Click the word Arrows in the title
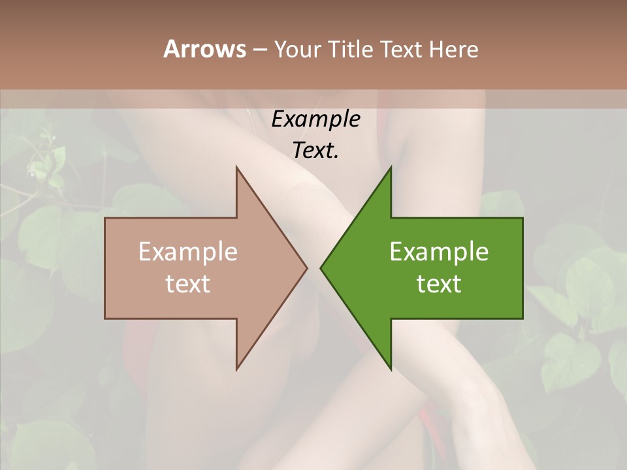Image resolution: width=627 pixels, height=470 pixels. pos(204,49)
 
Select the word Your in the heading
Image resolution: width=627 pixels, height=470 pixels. pos(297,50)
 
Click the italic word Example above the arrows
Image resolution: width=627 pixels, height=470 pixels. pos(315,119)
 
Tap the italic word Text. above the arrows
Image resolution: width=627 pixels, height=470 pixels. pos(315,150)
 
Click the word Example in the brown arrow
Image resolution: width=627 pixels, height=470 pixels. pos(188,251)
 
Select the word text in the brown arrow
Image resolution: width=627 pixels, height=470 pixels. pos(188,284)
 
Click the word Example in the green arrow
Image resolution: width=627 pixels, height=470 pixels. pos(439,251)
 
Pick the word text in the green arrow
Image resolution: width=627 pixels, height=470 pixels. pos(439,284)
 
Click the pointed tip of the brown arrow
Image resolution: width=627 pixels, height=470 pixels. pos(307,268)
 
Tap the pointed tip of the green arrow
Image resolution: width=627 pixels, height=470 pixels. pos(321,268)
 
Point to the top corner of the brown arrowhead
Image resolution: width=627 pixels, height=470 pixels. pos(236,167)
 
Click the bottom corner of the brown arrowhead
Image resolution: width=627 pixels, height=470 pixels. pos(236,369)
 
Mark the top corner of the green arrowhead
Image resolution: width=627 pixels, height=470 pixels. pos(391,167)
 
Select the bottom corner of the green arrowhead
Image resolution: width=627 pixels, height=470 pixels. pos(391,369)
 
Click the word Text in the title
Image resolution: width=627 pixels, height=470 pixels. pos(402,50)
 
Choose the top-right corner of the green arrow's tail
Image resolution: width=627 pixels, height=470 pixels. pos(522,218)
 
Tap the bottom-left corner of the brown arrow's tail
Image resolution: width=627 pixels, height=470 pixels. pos(105,319)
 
